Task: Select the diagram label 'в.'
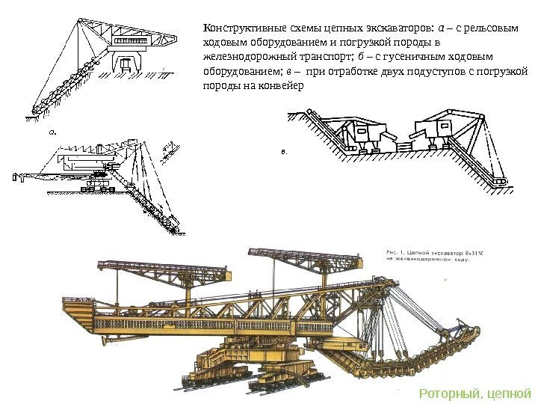point(283,151)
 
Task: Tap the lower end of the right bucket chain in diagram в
point(496,180)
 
